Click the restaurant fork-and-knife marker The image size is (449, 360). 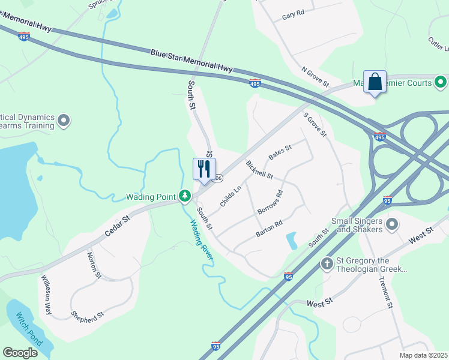coord(204,168)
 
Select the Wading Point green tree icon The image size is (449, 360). coord(185,196)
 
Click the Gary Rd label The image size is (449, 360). coord(293,13)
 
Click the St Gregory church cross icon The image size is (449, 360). coord(327,263)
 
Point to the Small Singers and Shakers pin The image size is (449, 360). coord(393,224)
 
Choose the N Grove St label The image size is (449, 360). coord(315,77)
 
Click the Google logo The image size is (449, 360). coord(20,353)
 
